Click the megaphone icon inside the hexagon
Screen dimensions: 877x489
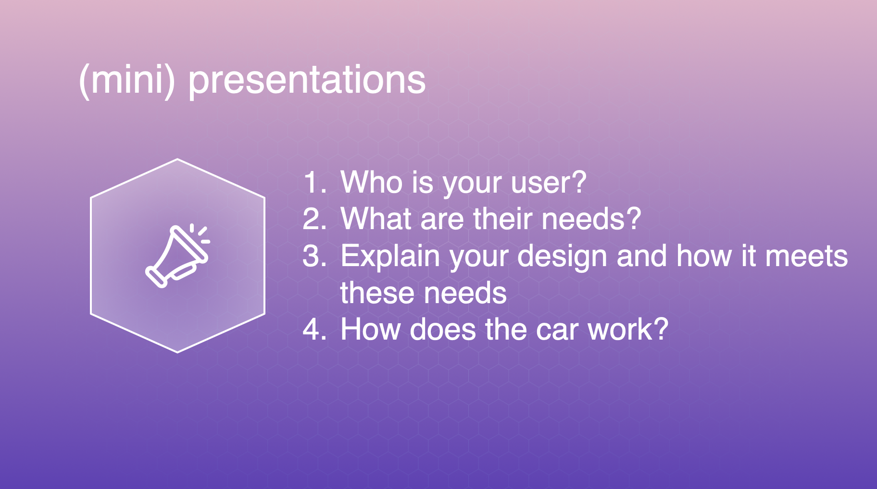click(x=178, y=256)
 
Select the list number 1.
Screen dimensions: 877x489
click(x=315, y=183)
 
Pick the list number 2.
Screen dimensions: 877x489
click(x=315, y=219)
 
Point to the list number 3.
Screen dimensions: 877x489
click(x=315, y=256)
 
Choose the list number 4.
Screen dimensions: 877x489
click(x=315, y=330)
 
